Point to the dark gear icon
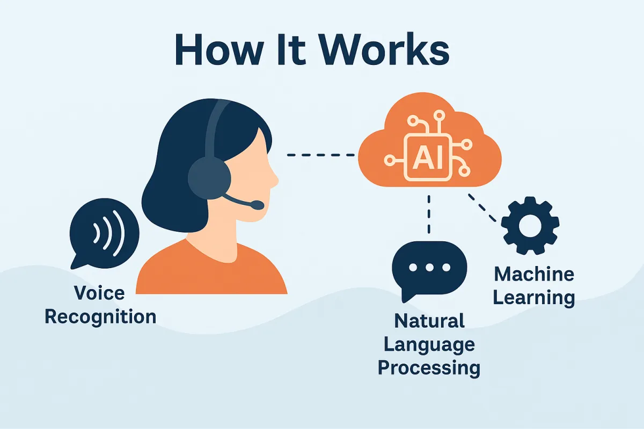coord(530,225)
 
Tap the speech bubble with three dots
coord(429,268)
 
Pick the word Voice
coord(99,293)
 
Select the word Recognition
coord(100,316)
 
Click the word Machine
coord(534,275)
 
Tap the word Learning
coord(534,298)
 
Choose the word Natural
coord(429,321)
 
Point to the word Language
coord(429,344)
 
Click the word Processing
coord(429,368)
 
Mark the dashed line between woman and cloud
coord(320,156)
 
